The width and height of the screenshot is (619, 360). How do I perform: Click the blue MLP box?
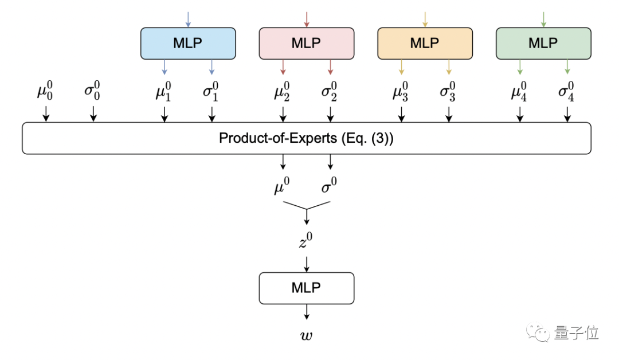(188, 43)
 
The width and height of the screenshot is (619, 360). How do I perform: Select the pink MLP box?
(307, 43)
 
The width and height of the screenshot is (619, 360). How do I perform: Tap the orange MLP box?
(425, 43)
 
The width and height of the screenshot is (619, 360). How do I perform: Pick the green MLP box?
(543, 43)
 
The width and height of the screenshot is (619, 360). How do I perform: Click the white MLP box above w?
(307, 288)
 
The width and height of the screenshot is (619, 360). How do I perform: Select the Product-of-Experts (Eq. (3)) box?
(307, 138)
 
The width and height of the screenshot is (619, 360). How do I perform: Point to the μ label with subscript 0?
(46, 93)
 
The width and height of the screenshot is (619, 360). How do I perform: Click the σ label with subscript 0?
(93, 93)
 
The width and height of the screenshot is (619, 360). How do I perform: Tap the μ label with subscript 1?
(164, 93)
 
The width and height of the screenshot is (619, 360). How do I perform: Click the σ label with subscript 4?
(567, 93)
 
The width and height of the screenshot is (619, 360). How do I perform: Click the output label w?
(307, 335)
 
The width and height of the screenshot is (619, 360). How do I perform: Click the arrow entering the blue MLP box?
(188, 19)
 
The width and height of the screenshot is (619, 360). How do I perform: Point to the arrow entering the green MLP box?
(543, 19)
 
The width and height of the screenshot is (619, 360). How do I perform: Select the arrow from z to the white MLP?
(307, 263)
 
